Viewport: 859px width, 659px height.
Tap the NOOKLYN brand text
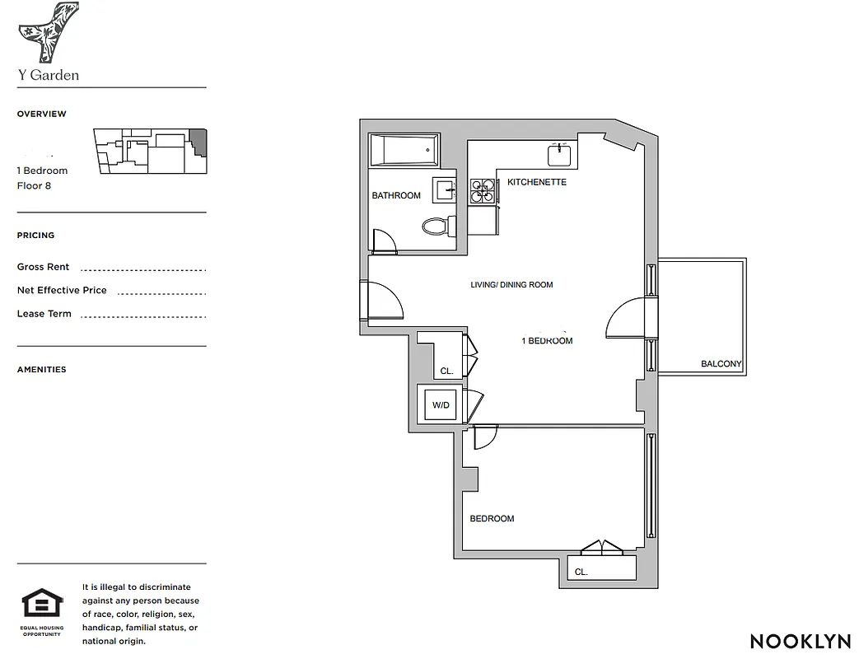[x=796, y=641]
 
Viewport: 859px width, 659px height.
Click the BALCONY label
[x=721, y=364]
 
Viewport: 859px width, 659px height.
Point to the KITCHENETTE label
[x=537, y=182]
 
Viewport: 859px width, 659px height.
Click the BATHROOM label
[x=396, y=196]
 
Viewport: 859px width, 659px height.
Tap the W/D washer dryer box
[x=441, y=404]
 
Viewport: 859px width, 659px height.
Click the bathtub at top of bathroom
[x=401, y=151]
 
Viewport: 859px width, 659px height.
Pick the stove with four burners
[x=482, y=191]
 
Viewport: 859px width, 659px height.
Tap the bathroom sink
[x=444, y=189]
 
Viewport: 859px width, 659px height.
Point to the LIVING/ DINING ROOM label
[x=511, y=285]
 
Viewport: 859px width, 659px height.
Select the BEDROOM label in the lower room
[x=492, y=519]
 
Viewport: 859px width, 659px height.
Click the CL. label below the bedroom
[x=581, y=572]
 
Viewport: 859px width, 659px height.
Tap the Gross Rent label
[x=44, y=267]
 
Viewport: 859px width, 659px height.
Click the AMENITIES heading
[x=42, y=370]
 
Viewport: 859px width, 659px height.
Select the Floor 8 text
[x=34, y=186]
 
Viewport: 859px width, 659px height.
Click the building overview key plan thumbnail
[x=150, y=151]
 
